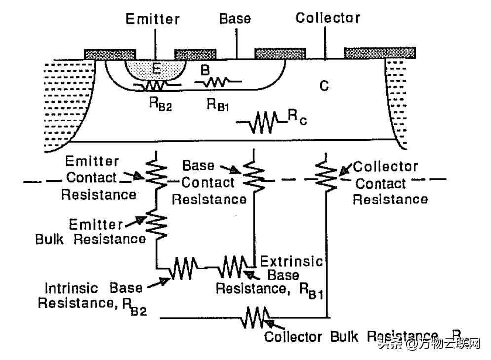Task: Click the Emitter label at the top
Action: click(x=152, y=19)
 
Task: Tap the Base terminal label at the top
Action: click(x=235, y=19)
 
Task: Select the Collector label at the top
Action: click(x=328, y=18)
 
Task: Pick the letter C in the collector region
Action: click(x=324, y=86)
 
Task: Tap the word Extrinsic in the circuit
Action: click(x=291, y=261)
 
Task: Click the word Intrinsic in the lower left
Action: click(x=71, y=288)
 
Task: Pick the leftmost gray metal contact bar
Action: click(x=110, y=54)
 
